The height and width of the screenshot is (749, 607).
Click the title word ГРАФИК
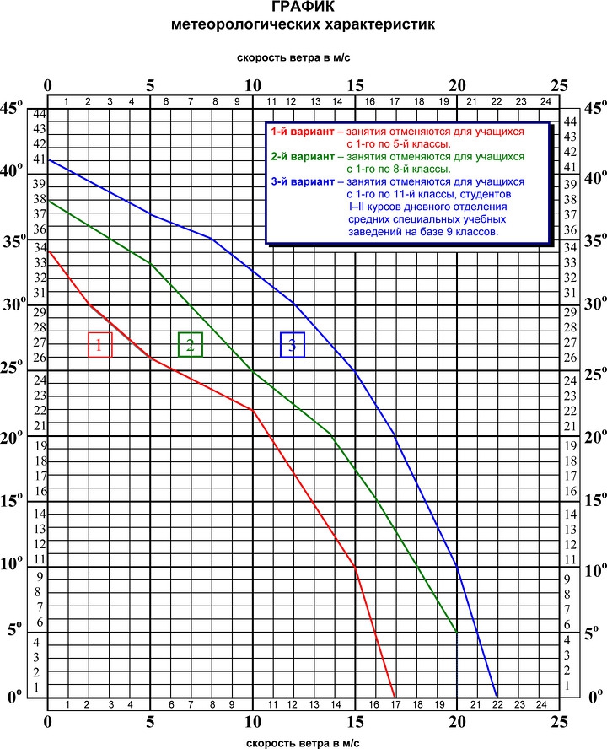[303, 7]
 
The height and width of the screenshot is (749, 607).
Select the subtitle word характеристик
[379, 24]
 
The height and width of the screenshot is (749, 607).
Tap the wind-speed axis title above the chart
[293, 58]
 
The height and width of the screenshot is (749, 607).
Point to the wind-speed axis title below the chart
[303, 743]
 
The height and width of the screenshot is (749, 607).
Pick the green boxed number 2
[190, 345]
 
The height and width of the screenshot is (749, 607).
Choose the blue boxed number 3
[293, 345]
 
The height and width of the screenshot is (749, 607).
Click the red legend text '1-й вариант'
[303, 132]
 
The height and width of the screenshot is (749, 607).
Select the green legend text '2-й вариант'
[303, 157]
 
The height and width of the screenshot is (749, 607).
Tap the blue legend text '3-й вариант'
[303, 182]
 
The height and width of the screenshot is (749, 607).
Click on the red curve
[252, 410]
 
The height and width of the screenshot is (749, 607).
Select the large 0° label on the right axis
[595, 697]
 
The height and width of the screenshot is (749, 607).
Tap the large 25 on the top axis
[559, 85]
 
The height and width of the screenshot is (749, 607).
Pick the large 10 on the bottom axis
[253, 722]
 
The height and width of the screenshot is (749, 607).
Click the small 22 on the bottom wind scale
[497, 704]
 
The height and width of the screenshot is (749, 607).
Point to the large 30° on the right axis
[595, 304]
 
